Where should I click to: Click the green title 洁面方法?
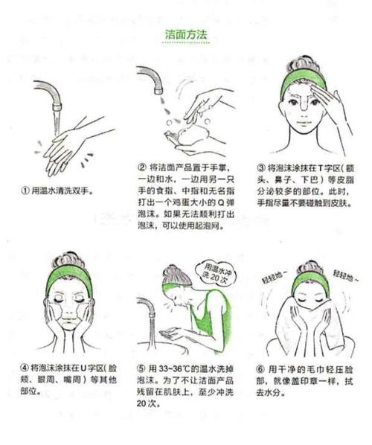click(x=185, y=35)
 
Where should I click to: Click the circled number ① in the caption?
click(x=25, y=191)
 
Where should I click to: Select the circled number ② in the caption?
click(x=141, y=166)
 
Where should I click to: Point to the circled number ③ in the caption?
click(x=260, y=167)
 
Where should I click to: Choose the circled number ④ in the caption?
click(x=25, y=368)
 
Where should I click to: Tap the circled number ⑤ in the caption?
click(x=141, y=368)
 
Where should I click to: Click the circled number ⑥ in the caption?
click(x=260, y=368)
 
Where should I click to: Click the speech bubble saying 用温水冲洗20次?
click(x=211, y=270)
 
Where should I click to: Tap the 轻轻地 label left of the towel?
click(x=271, y=277)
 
